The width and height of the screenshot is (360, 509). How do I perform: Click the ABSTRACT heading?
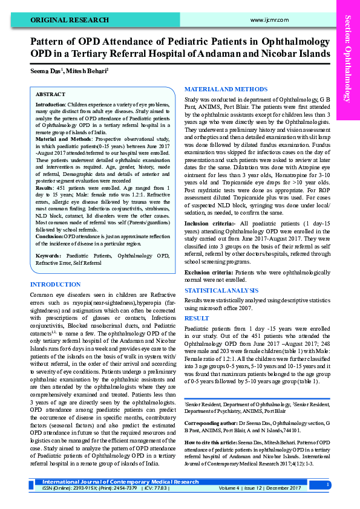pos(50,95)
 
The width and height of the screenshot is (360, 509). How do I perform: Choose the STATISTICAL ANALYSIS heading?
pos(223,291)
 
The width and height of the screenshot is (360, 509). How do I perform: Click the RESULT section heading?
pos(197,317)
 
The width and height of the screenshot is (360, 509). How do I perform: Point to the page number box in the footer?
pos(327,484)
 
